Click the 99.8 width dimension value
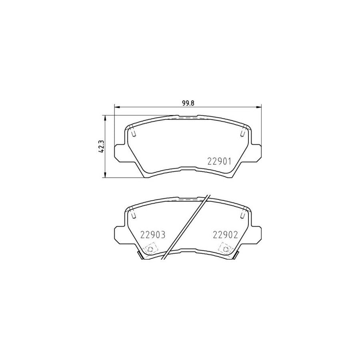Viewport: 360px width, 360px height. coord(188,102)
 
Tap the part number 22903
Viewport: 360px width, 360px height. coord(152,235)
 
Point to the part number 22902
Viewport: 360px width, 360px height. coord(225,235)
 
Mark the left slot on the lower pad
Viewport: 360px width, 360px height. coord(133,215)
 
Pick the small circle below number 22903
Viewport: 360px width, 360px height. coord(150,250)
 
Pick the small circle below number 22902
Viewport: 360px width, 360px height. coord(227,250)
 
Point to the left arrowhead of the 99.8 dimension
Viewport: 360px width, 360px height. coord(117,106)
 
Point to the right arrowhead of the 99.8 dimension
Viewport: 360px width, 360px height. coord(259,106)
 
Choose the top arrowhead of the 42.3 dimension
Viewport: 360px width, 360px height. coord(105,117)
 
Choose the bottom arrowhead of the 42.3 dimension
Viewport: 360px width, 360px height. coord(105,175)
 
